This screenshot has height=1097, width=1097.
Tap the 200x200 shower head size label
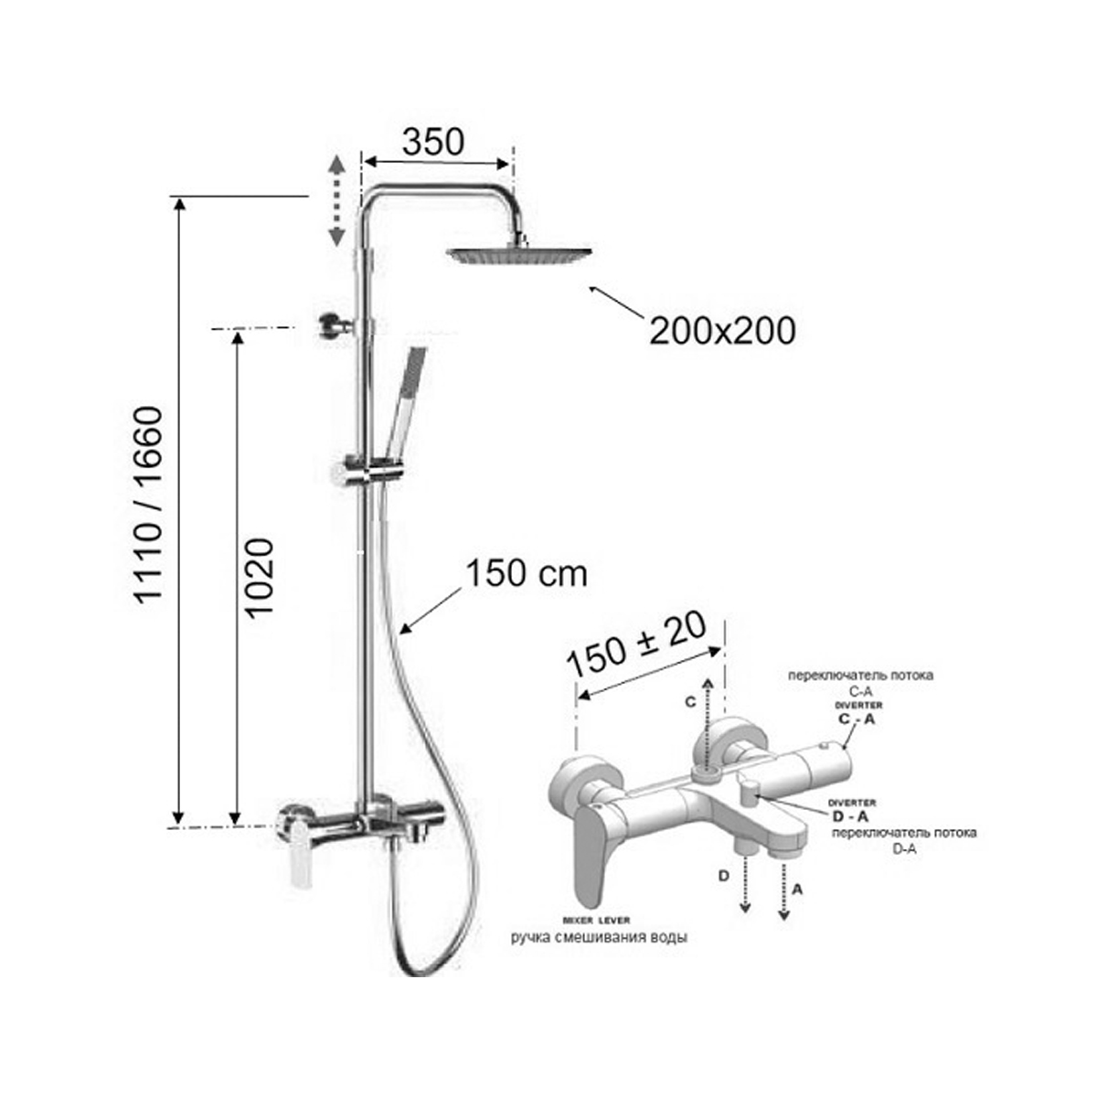(722, 330)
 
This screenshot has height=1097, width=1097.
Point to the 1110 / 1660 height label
(149, 504)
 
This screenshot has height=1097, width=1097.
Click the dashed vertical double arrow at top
(336, 200)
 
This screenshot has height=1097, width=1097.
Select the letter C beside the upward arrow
(690, 702)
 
